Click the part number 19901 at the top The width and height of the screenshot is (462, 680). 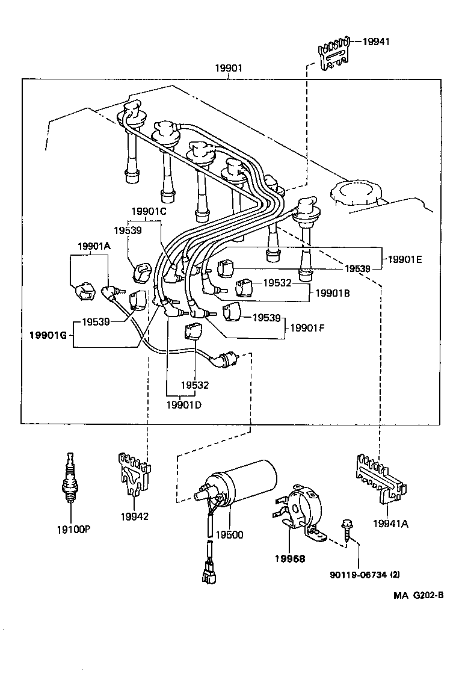coord(229,68)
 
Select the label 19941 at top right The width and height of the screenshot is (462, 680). coord(376,42)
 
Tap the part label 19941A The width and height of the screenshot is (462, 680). coord(390,524)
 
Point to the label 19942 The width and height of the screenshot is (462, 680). coord(134,516)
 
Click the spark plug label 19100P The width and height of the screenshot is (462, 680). coord(73,530)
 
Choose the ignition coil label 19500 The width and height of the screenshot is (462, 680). coord(230,534)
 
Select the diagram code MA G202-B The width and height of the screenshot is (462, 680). coord(419,595)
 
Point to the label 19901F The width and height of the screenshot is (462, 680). coord(307,328)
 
